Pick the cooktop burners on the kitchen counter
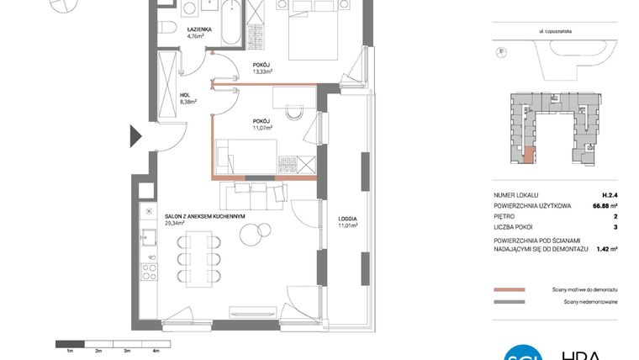[x=149, y=271]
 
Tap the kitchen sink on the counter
[x=149, y=236]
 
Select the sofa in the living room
[x=252, y=197]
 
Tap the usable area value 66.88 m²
[x=601, y=204]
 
